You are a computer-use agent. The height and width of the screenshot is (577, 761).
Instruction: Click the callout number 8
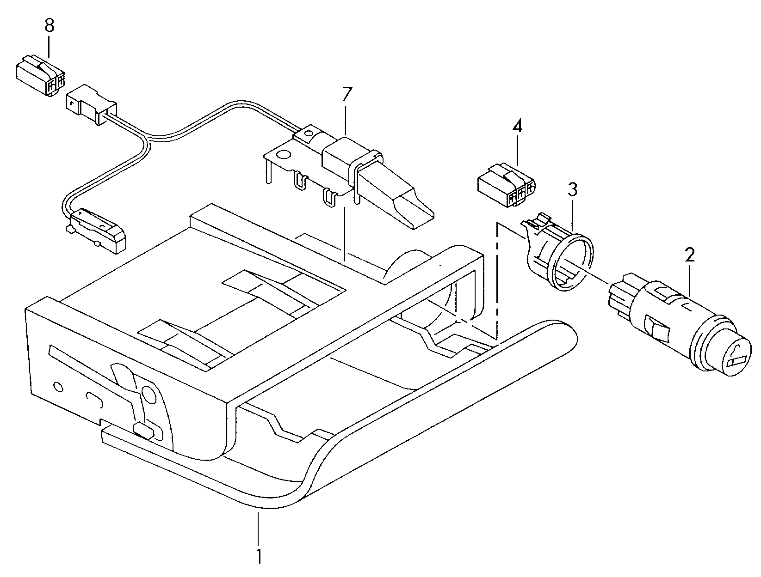[49, 25]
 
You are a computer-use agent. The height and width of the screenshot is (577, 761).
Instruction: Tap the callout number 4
[517, 126]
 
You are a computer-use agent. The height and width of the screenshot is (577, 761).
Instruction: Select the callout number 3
[573, 189]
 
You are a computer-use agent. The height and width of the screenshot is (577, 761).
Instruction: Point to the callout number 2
[690, 255]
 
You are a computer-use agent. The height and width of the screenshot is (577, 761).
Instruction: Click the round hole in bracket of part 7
[285, 156]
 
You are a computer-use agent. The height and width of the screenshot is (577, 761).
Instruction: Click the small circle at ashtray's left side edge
[58, 386]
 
